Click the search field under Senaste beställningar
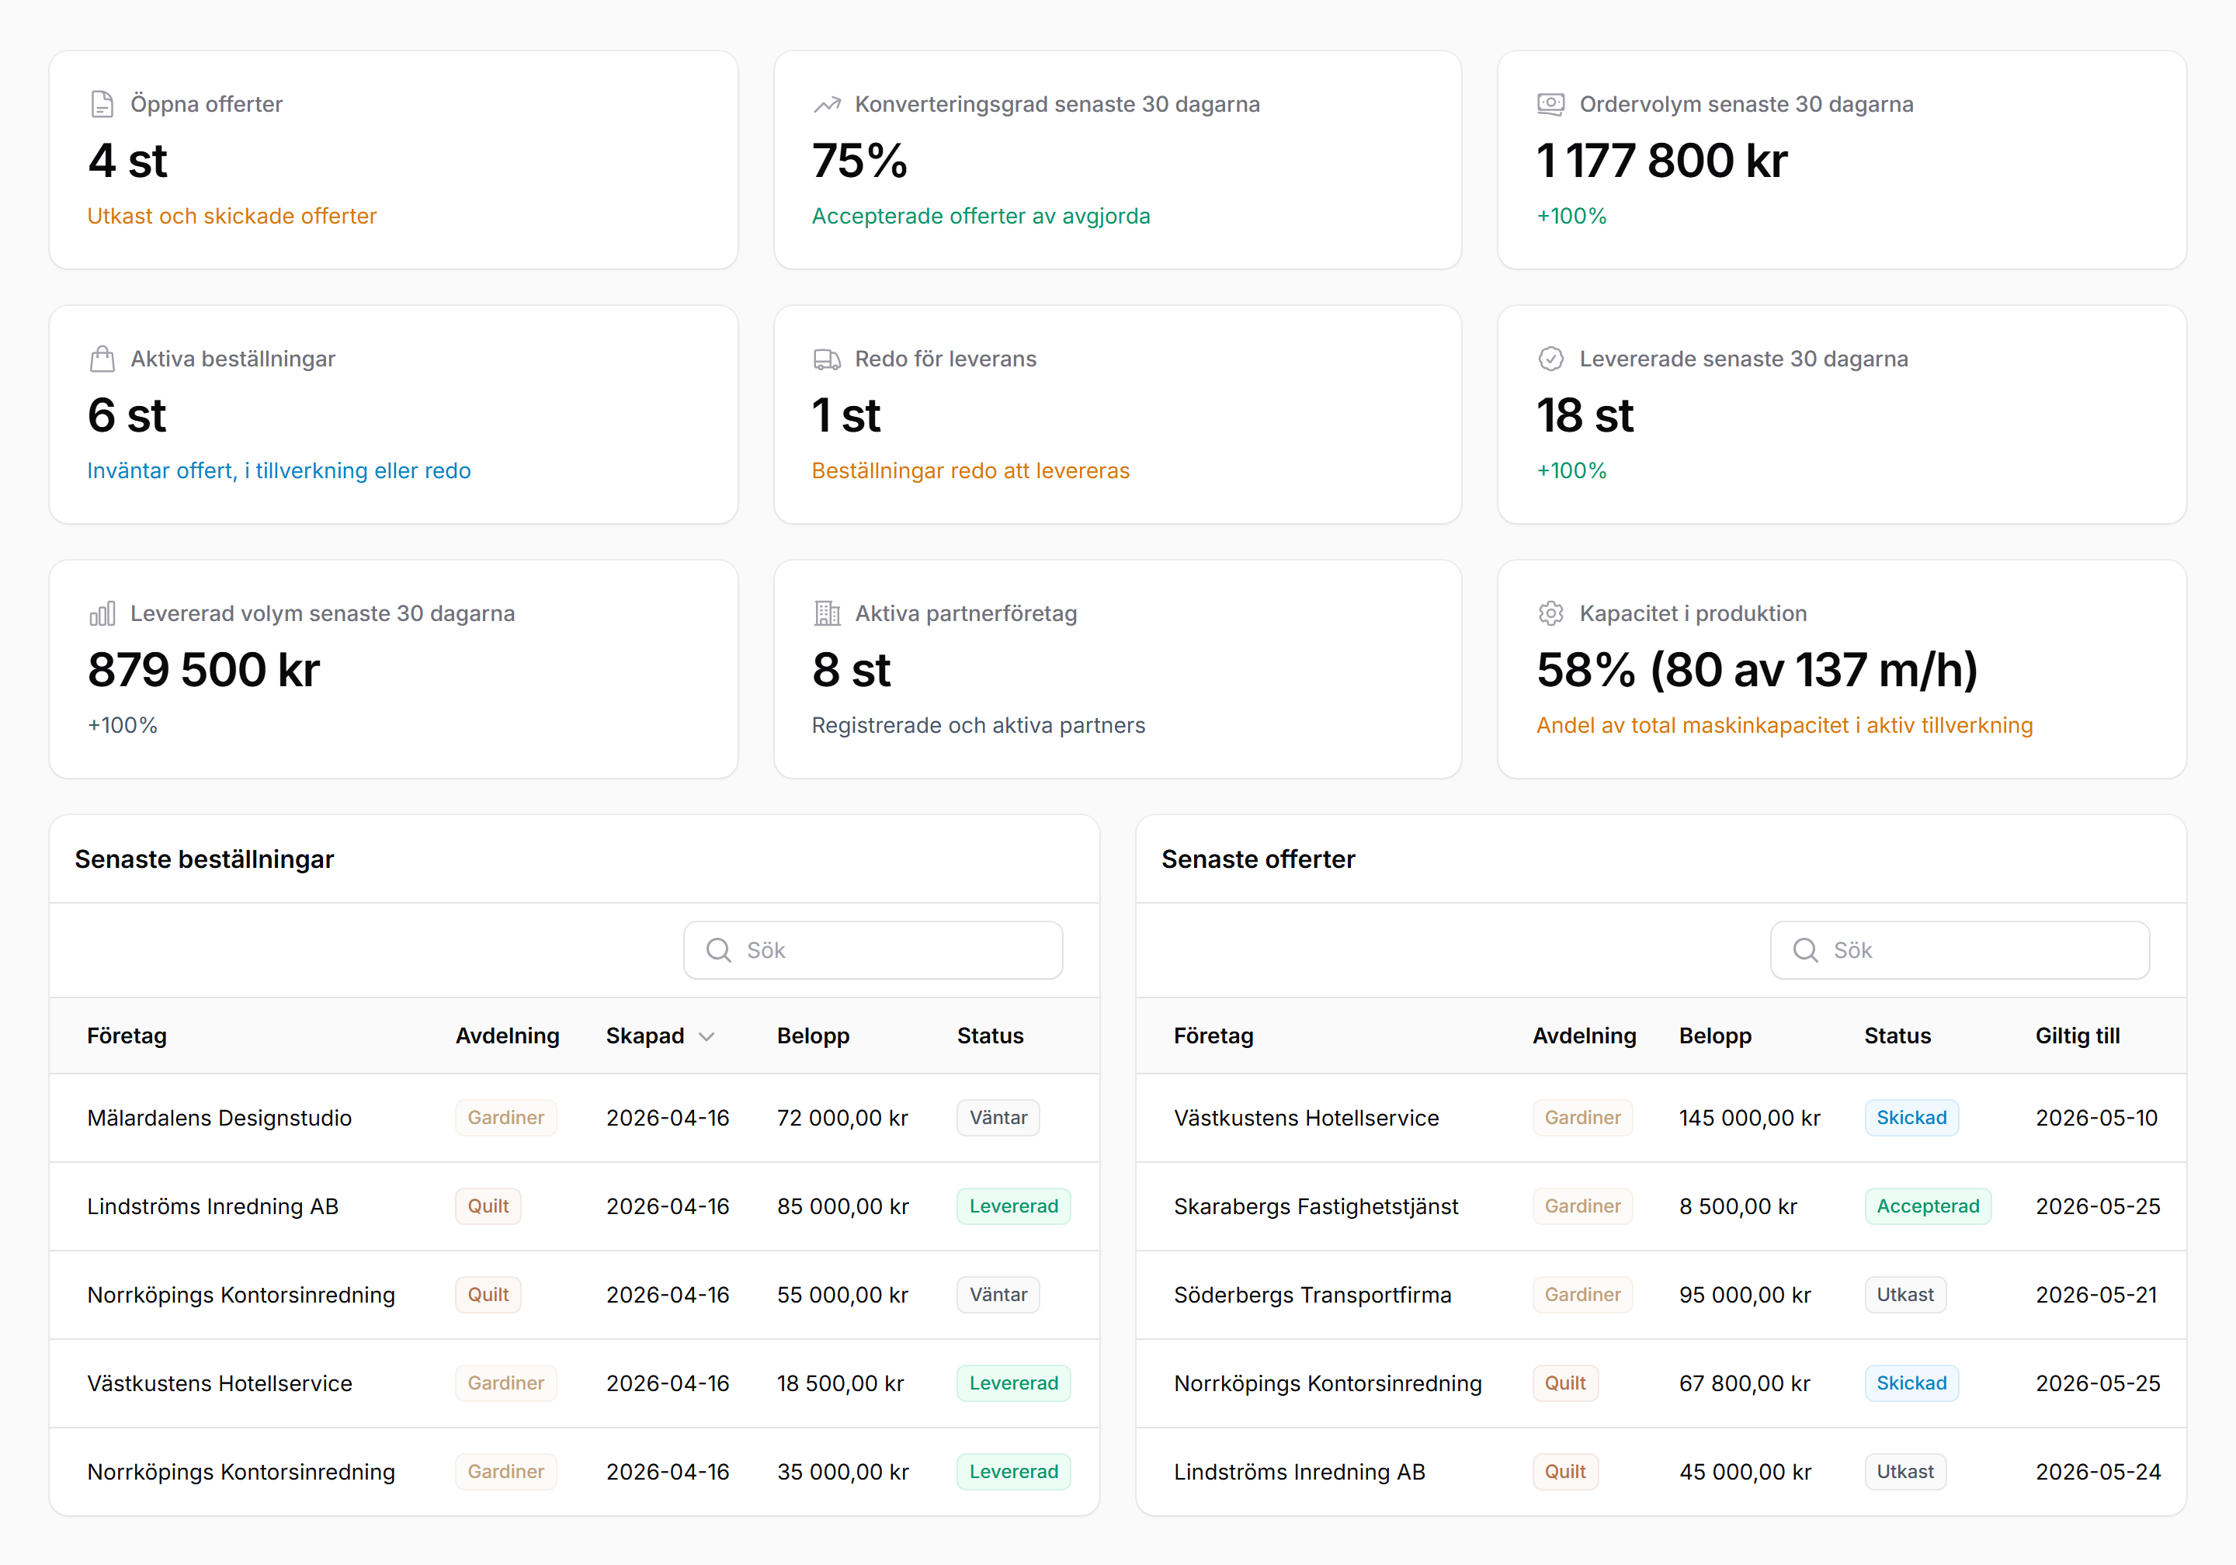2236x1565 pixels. [873, 949]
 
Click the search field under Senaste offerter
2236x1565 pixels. [1960, 949]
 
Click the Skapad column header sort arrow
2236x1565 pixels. [707, 1036]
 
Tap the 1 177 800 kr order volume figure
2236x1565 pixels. [1661, 161]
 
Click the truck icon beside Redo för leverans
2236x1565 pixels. [827, 359]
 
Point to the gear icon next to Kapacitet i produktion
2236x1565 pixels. [1550, 613]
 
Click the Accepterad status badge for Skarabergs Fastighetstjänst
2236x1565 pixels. [1927, 1206]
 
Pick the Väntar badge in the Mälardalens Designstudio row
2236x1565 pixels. [998, 1117]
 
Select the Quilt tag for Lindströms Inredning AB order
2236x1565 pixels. [488, 1206]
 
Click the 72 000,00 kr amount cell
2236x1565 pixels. [842, 1118]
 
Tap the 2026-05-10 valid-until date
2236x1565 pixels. [2095, 1118]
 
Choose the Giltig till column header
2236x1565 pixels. [2078, 1036]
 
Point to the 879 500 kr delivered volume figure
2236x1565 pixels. [203, 670]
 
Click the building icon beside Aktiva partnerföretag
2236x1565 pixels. [827, 613]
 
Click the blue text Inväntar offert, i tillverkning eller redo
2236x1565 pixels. [279, 470]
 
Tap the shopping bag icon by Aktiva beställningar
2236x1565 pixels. [102, 359]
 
